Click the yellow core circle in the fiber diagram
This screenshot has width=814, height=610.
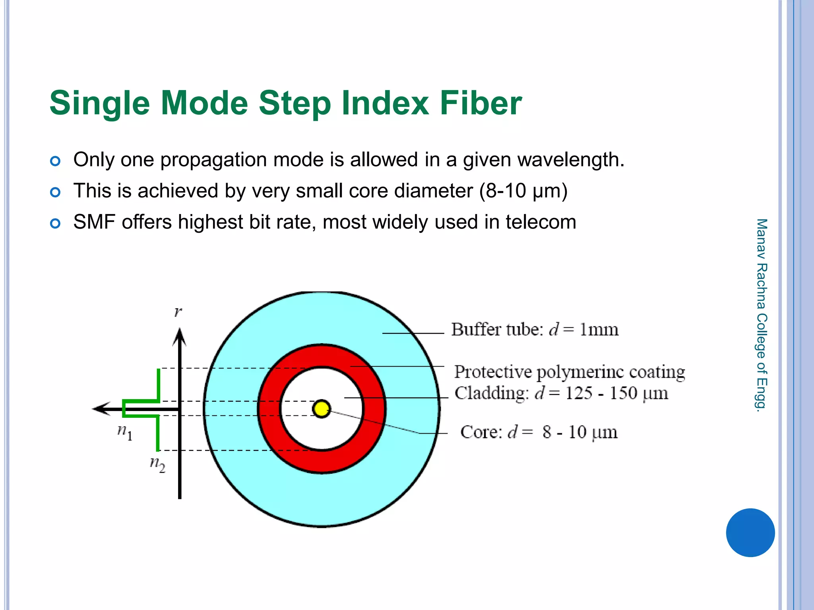[x=322, y=409]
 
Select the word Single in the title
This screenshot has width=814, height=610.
[x=99, y=103]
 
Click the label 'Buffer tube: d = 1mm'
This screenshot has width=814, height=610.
[x=535, y=330]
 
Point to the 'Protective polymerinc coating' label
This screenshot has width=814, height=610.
[x=570, y=372]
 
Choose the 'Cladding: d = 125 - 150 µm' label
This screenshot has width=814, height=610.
[x=561, y=393]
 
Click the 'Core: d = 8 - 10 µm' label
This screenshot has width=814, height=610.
[x=539, y=432]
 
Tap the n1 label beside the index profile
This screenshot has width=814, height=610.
[x=124, y=432]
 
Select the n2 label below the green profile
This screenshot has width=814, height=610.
[x=157, y=464]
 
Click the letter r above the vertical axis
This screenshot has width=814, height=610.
[x=178, y=312]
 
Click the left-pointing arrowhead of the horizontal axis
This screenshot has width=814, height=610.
[x=100, y=408]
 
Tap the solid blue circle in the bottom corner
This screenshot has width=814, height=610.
[x=750, y=533]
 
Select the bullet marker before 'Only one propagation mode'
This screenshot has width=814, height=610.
[x=55, y=161]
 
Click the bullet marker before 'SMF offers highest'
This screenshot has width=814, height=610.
[x=55, y=224]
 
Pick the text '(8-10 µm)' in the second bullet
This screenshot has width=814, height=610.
[x=523, y=191]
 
